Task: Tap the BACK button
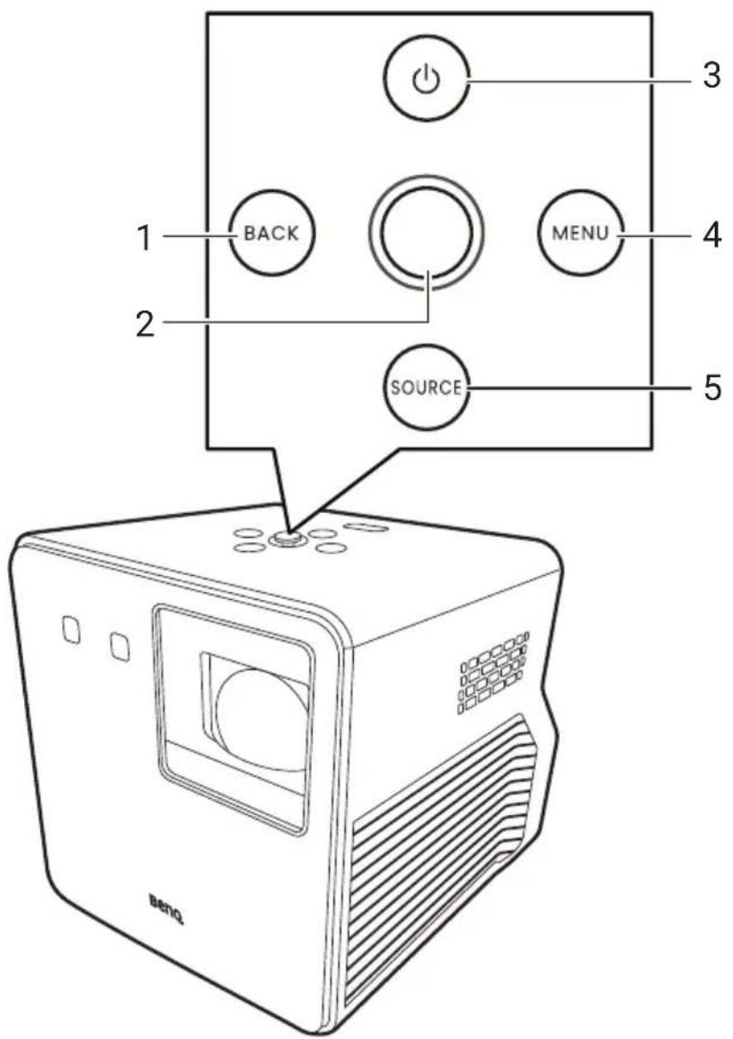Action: [272, 232]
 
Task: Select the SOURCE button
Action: [426, 387]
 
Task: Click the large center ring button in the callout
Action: [426, 232]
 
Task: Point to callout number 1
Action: [146, 238]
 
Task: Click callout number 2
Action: [146, 324]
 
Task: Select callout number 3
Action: [711, 75]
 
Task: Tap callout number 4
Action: [711, 235]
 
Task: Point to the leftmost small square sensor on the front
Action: [71, 629]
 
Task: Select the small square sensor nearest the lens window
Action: [121, 646]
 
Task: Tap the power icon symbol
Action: [426, 79]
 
